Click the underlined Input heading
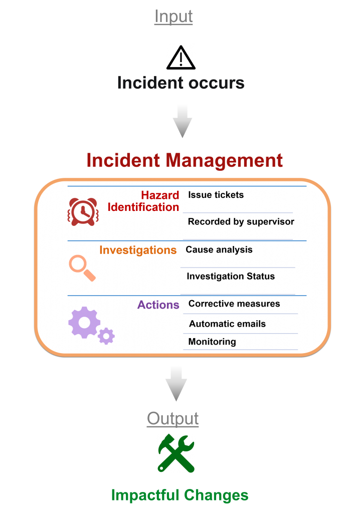[173, 17]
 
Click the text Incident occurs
[181, 83]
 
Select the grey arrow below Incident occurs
[183, 121]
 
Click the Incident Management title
[185, 160]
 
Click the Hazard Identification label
[143, 201]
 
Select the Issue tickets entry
[216, 195]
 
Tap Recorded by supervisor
[241, 222]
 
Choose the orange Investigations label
[138, 250]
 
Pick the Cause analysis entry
[219, 249]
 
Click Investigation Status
[231, 277]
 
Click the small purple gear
[106, 336]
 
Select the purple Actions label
[158, 305]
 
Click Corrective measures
[234, 304]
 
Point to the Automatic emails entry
[227, 324]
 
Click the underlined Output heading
[173, 419]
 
